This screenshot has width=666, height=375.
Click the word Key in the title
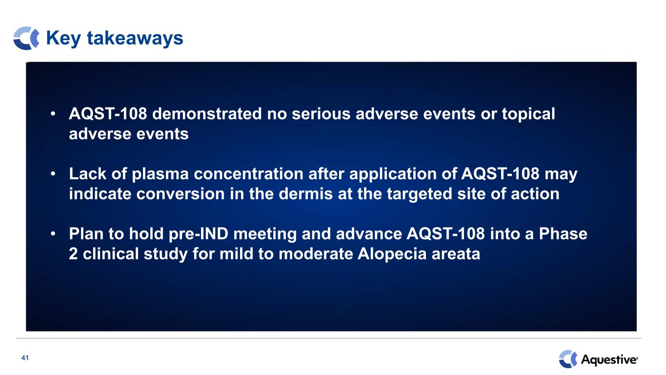[63, 39]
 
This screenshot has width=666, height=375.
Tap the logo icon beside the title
[26, 38]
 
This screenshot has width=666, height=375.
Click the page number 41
[25, 358]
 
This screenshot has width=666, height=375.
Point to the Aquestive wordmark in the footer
[609, 359]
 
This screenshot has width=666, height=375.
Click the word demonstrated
[207, 114]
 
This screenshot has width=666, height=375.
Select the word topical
[528, 114]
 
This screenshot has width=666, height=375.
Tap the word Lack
[87, 173]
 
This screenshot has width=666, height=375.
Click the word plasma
[160, 174]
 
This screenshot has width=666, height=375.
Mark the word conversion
[180, 194]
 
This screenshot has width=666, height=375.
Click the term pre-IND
[198, 234]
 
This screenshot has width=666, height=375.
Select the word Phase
[563, 233]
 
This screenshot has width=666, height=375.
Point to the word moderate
[316, 254]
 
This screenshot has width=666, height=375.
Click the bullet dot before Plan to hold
[53, 234]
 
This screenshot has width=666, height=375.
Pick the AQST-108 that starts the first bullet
[108, 114]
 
